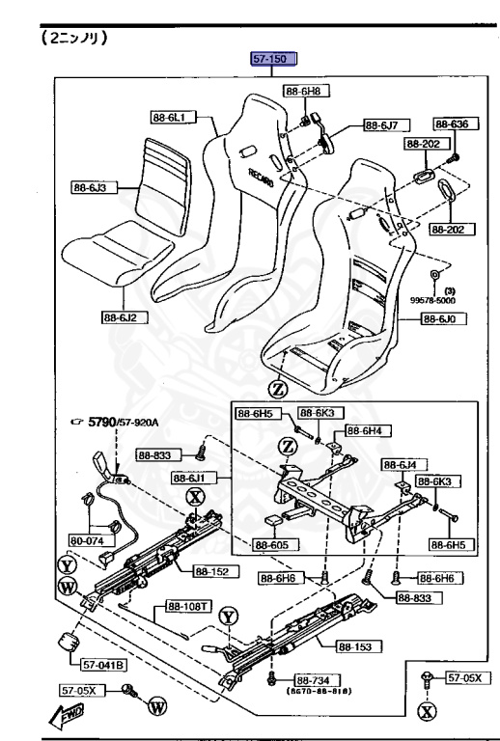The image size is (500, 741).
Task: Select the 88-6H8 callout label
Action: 301,92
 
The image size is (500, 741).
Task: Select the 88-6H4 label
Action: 366,430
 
